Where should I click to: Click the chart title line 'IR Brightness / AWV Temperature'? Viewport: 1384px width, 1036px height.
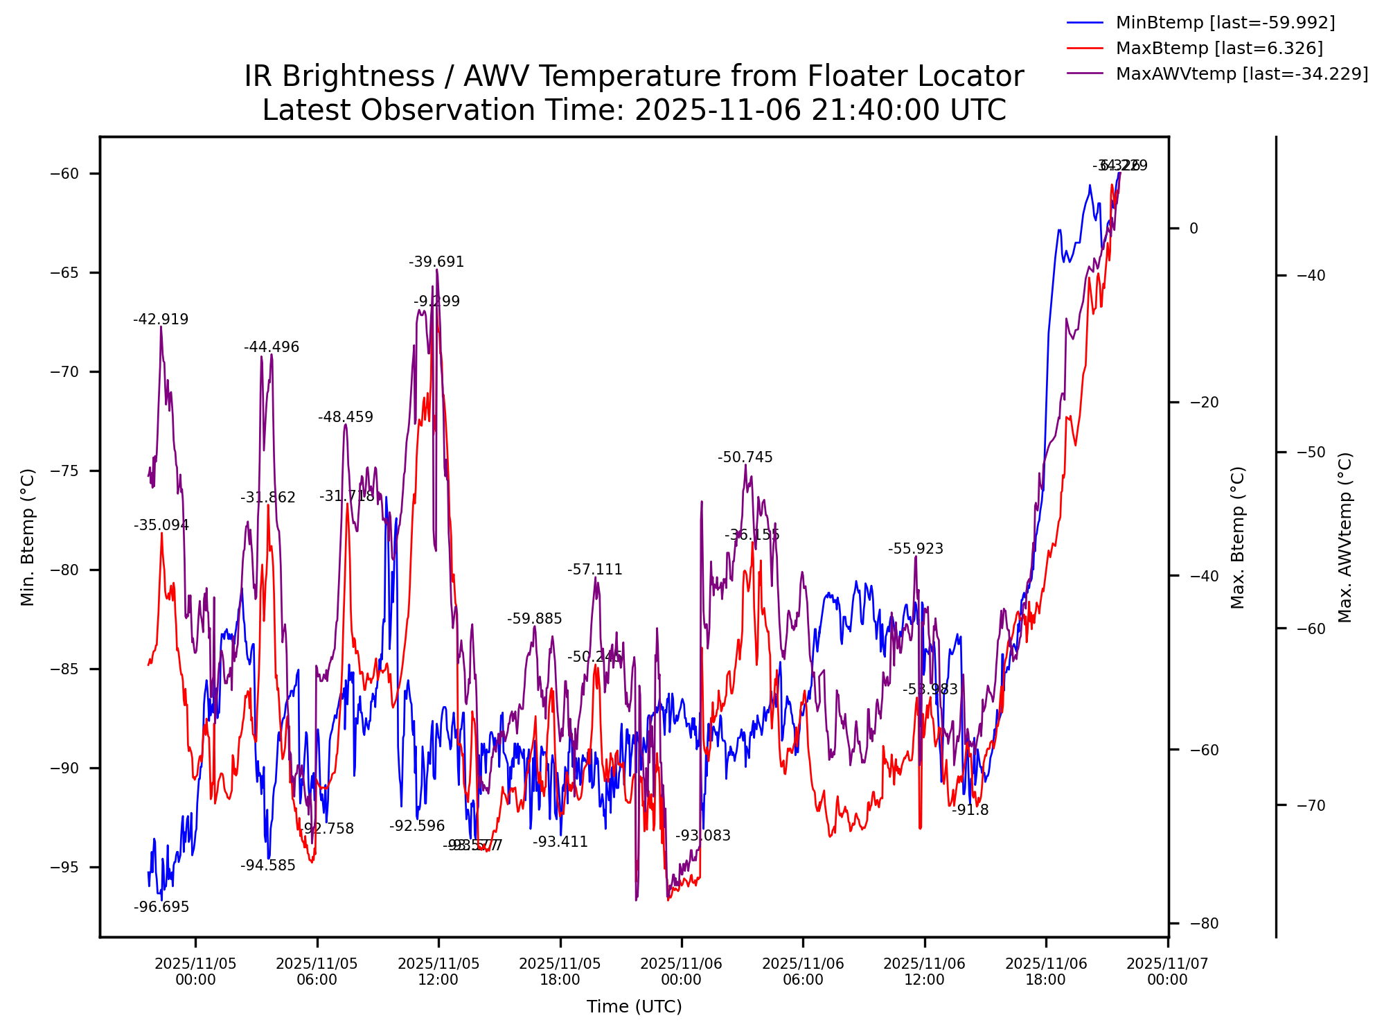(634, 76)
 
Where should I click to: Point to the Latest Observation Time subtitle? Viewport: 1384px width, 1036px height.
(634, 110)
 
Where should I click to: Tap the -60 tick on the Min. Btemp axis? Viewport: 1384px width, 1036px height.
(65, 174)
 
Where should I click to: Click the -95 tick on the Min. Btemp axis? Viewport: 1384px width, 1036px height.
(65, 868)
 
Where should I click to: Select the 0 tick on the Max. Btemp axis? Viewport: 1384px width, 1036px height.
(1194, 229)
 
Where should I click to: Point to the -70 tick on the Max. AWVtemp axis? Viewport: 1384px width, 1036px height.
(1311, 805)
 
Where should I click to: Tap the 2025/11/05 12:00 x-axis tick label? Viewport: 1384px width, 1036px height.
(438, 972)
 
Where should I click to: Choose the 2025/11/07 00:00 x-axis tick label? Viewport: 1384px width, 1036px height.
(1167, 972)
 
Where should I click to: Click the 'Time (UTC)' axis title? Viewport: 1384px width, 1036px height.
(634, 1007)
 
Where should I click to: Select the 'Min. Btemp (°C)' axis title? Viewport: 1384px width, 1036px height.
(28, 537)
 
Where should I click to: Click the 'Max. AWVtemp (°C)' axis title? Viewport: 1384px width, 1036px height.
(1345, 537)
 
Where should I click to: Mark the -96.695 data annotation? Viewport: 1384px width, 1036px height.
(161, 908)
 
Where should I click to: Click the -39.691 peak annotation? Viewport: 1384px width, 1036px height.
(436, 262)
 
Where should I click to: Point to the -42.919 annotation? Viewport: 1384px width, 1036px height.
(161, 319)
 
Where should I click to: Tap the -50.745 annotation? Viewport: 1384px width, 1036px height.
(745, 457)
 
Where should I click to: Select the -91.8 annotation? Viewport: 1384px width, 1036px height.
(970, 810)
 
